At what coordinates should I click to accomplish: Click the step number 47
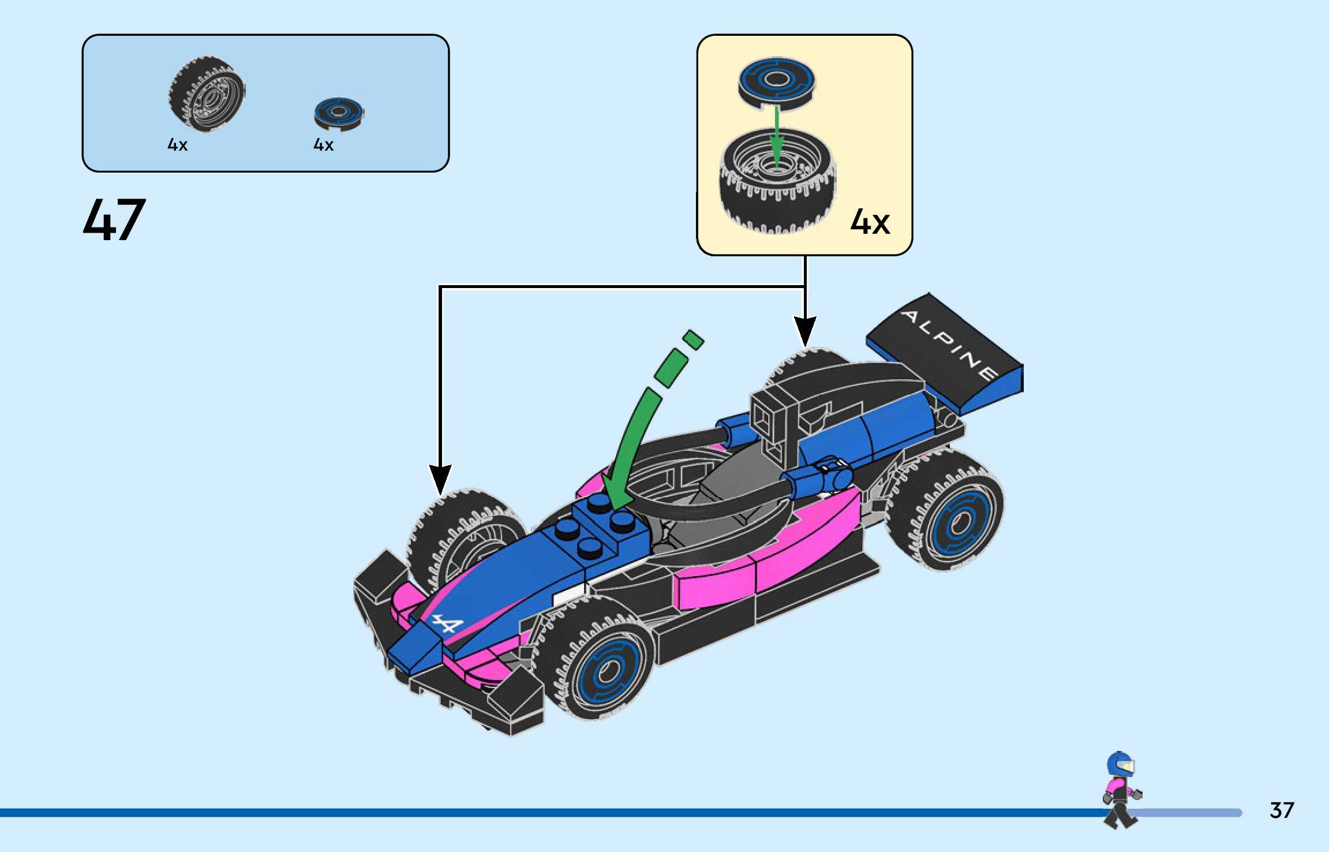pos(114,219)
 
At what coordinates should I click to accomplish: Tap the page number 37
pos(1281,810)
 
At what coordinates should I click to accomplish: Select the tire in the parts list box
pos(207,94)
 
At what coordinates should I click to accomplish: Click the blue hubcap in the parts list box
pos(339,112)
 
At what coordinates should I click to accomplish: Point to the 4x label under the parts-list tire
pos(177,145)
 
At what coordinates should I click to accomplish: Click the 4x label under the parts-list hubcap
pos(323,145)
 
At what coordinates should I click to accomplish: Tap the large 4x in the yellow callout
pos(870,222)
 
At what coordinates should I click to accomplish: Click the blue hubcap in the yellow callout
pos(776,82)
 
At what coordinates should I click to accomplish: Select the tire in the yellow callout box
pos(777,182)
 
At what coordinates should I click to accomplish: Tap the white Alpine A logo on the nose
pos(448,624)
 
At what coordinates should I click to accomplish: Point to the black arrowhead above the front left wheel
pos(440,479)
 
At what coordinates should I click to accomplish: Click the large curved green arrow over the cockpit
pos(635,439)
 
